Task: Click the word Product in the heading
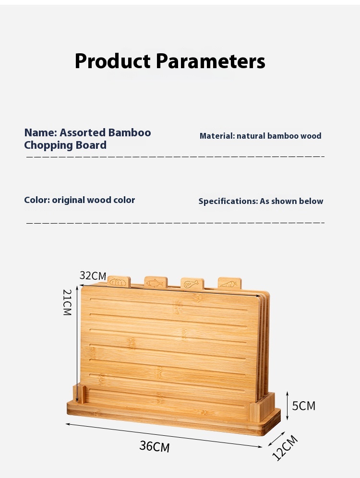pos(113,61)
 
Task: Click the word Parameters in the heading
pos(211,61)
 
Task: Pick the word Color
pos(37,200)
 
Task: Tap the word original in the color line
pos(68,200)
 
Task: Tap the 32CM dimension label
pos(93,275)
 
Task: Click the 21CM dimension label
pos(67,302)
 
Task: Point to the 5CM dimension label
pos(304,406)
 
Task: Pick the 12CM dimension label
pos(285,448)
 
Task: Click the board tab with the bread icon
pos(119,282)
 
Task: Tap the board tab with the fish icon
pos(156,282)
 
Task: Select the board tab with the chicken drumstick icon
pos(192,284)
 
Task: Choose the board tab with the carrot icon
pos(229,283)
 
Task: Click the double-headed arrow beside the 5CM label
pos(287,406)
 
